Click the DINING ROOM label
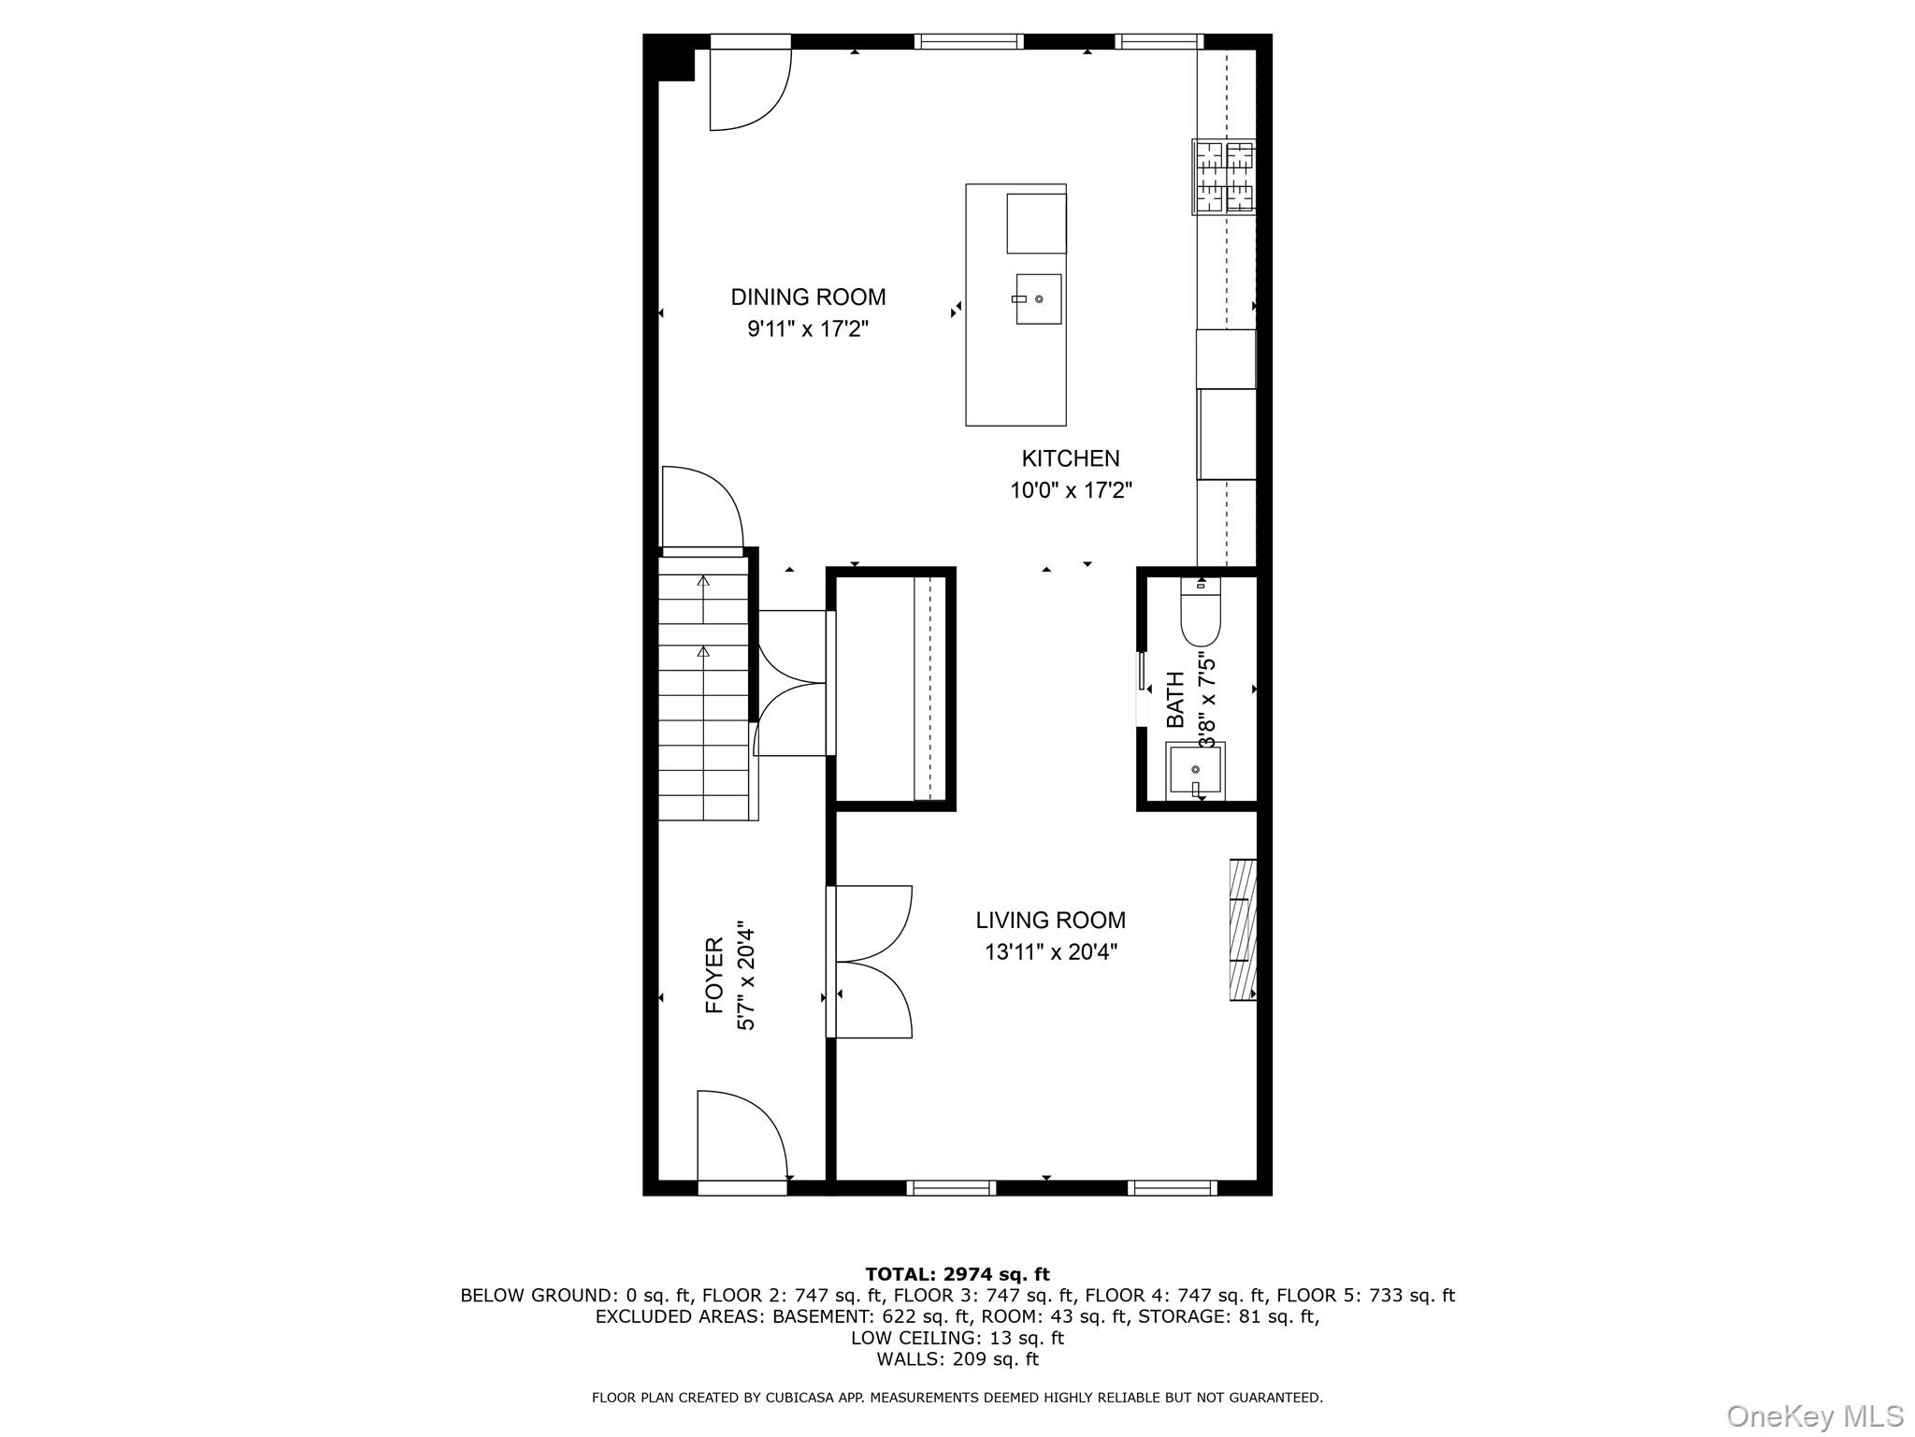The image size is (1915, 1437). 808,297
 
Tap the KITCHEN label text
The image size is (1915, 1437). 1071,458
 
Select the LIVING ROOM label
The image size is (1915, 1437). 1051,920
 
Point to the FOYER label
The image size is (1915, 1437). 714,976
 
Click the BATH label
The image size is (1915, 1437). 1175,700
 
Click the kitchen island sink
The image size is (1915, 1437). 1038,298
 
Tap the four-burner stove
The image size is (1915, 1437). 1224,177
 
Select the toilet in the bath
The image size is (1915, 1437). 1201,613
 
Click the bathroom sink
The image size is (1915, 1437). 1195,771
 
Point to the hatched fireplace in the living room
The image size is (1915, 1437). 1243,929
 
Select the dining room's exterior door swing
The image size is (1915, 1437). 751,89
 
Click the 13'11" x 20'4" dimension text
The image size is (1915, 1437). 1051,952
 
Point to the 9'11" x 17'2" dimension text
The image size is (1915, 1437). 808,329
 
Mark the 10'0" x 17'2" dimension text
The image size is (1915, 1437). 1071,490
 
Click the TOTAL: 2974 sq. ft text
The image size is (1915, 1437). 957,1274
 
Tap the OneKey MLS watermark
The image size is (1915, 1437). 1814,1415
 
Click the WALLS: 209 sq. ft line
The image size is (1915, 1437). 957,1359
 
